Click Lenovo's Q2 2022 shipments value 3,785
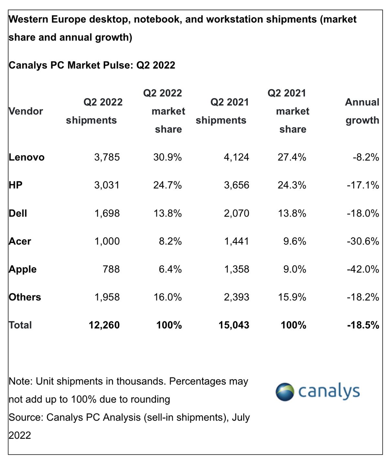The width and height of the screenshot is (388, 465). (107, 157)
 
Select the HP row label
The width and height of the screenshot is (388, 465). (16, 185)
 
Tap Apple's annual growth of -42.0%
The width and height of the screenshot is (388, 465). (363, 269)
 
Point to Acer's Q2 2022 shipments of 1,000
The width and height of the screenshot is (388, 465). (107, 241)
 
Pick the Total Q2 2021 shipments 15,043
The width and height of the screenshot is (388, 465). (234, 325)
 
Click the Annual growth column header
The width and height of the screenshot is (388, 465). (362, 111)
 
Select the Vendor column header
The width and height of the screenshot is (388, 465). (26, 111)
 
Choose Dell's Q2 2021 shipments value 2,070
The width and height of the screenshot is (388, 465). (236, 213)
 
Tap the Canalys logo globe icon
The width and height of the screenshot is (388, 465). (285, 392)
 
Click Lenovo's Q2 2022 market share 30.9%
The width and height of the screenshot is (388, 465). (167, 157)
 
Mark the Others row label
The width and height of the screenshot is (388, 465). (25, 297)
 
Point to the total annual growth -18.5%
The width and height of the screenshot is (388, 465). (363, 325)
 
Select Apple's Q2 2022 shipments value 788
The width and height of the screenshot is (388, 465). (111, 269)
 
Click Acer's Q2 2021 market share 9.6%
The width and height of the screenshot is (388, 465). (295, 241)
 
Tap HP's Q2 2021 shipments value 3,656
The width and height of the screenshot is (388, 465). (236, 185)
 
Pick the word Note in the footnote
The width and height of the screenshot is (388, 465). (20, 381)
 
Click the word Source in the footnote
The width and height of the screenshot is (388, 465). (26, 418)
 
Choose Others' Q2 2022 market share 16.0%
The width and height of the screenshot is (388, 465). (167, 297)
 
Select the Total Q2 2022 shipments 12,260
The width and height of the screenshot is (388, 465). (104, 325)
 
